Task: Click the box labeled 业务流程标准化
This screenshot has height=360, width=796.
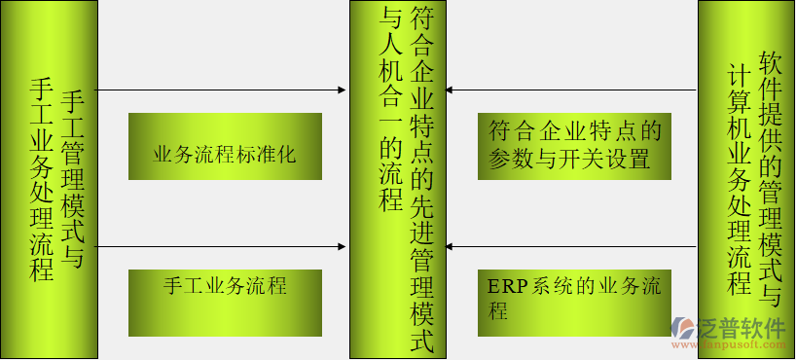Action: point(225,147)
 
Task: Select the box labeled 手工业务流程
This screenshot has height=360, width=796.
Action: point(225,302)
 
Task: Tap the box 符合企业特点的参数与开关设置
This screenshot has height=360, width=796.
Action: point(575,147)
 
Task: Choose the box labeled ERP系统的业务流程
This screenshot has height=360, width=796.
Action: point(575,302)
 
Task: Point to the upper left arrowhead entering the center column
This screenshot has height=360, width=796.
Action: point(342,90)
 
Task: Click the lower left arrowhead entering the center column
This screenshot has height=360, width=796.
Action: point(342,247)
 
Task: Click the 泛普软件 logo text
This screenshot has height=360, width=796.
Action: point(742,328)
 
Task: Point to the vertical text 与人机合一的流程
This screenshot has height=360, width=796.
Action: point(391,108)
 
